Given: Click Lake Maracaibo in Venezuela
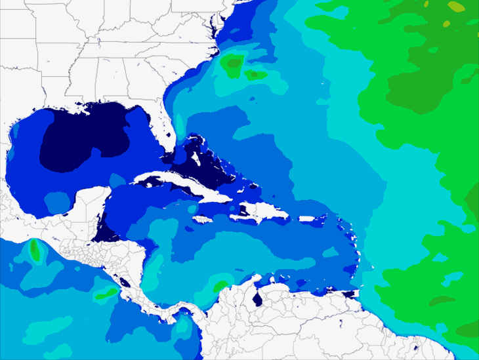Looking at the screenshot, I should click(258, 299).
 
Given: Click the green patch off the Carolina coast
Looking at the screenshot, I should click(232, 64).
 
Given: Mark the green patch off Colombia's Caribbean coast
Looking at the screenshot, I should click(219, 285).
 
